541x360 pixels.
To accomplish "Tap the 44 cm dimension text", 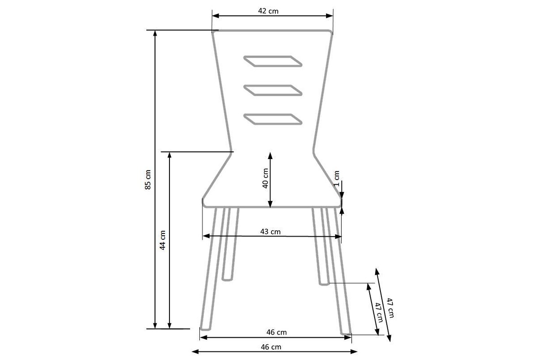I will coord(163,240).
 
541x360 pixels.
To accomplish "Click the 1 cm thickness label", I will coord(337,178).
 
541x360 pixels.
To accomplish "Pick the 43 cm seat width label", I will coord(270,232).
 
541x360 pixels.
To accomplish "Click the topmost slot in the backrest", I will coord(273,61).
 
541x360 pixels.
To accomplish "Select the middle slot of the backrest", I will coord(273,90).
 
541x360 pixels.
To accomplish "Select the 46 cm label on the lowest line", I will coord(271,346).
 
